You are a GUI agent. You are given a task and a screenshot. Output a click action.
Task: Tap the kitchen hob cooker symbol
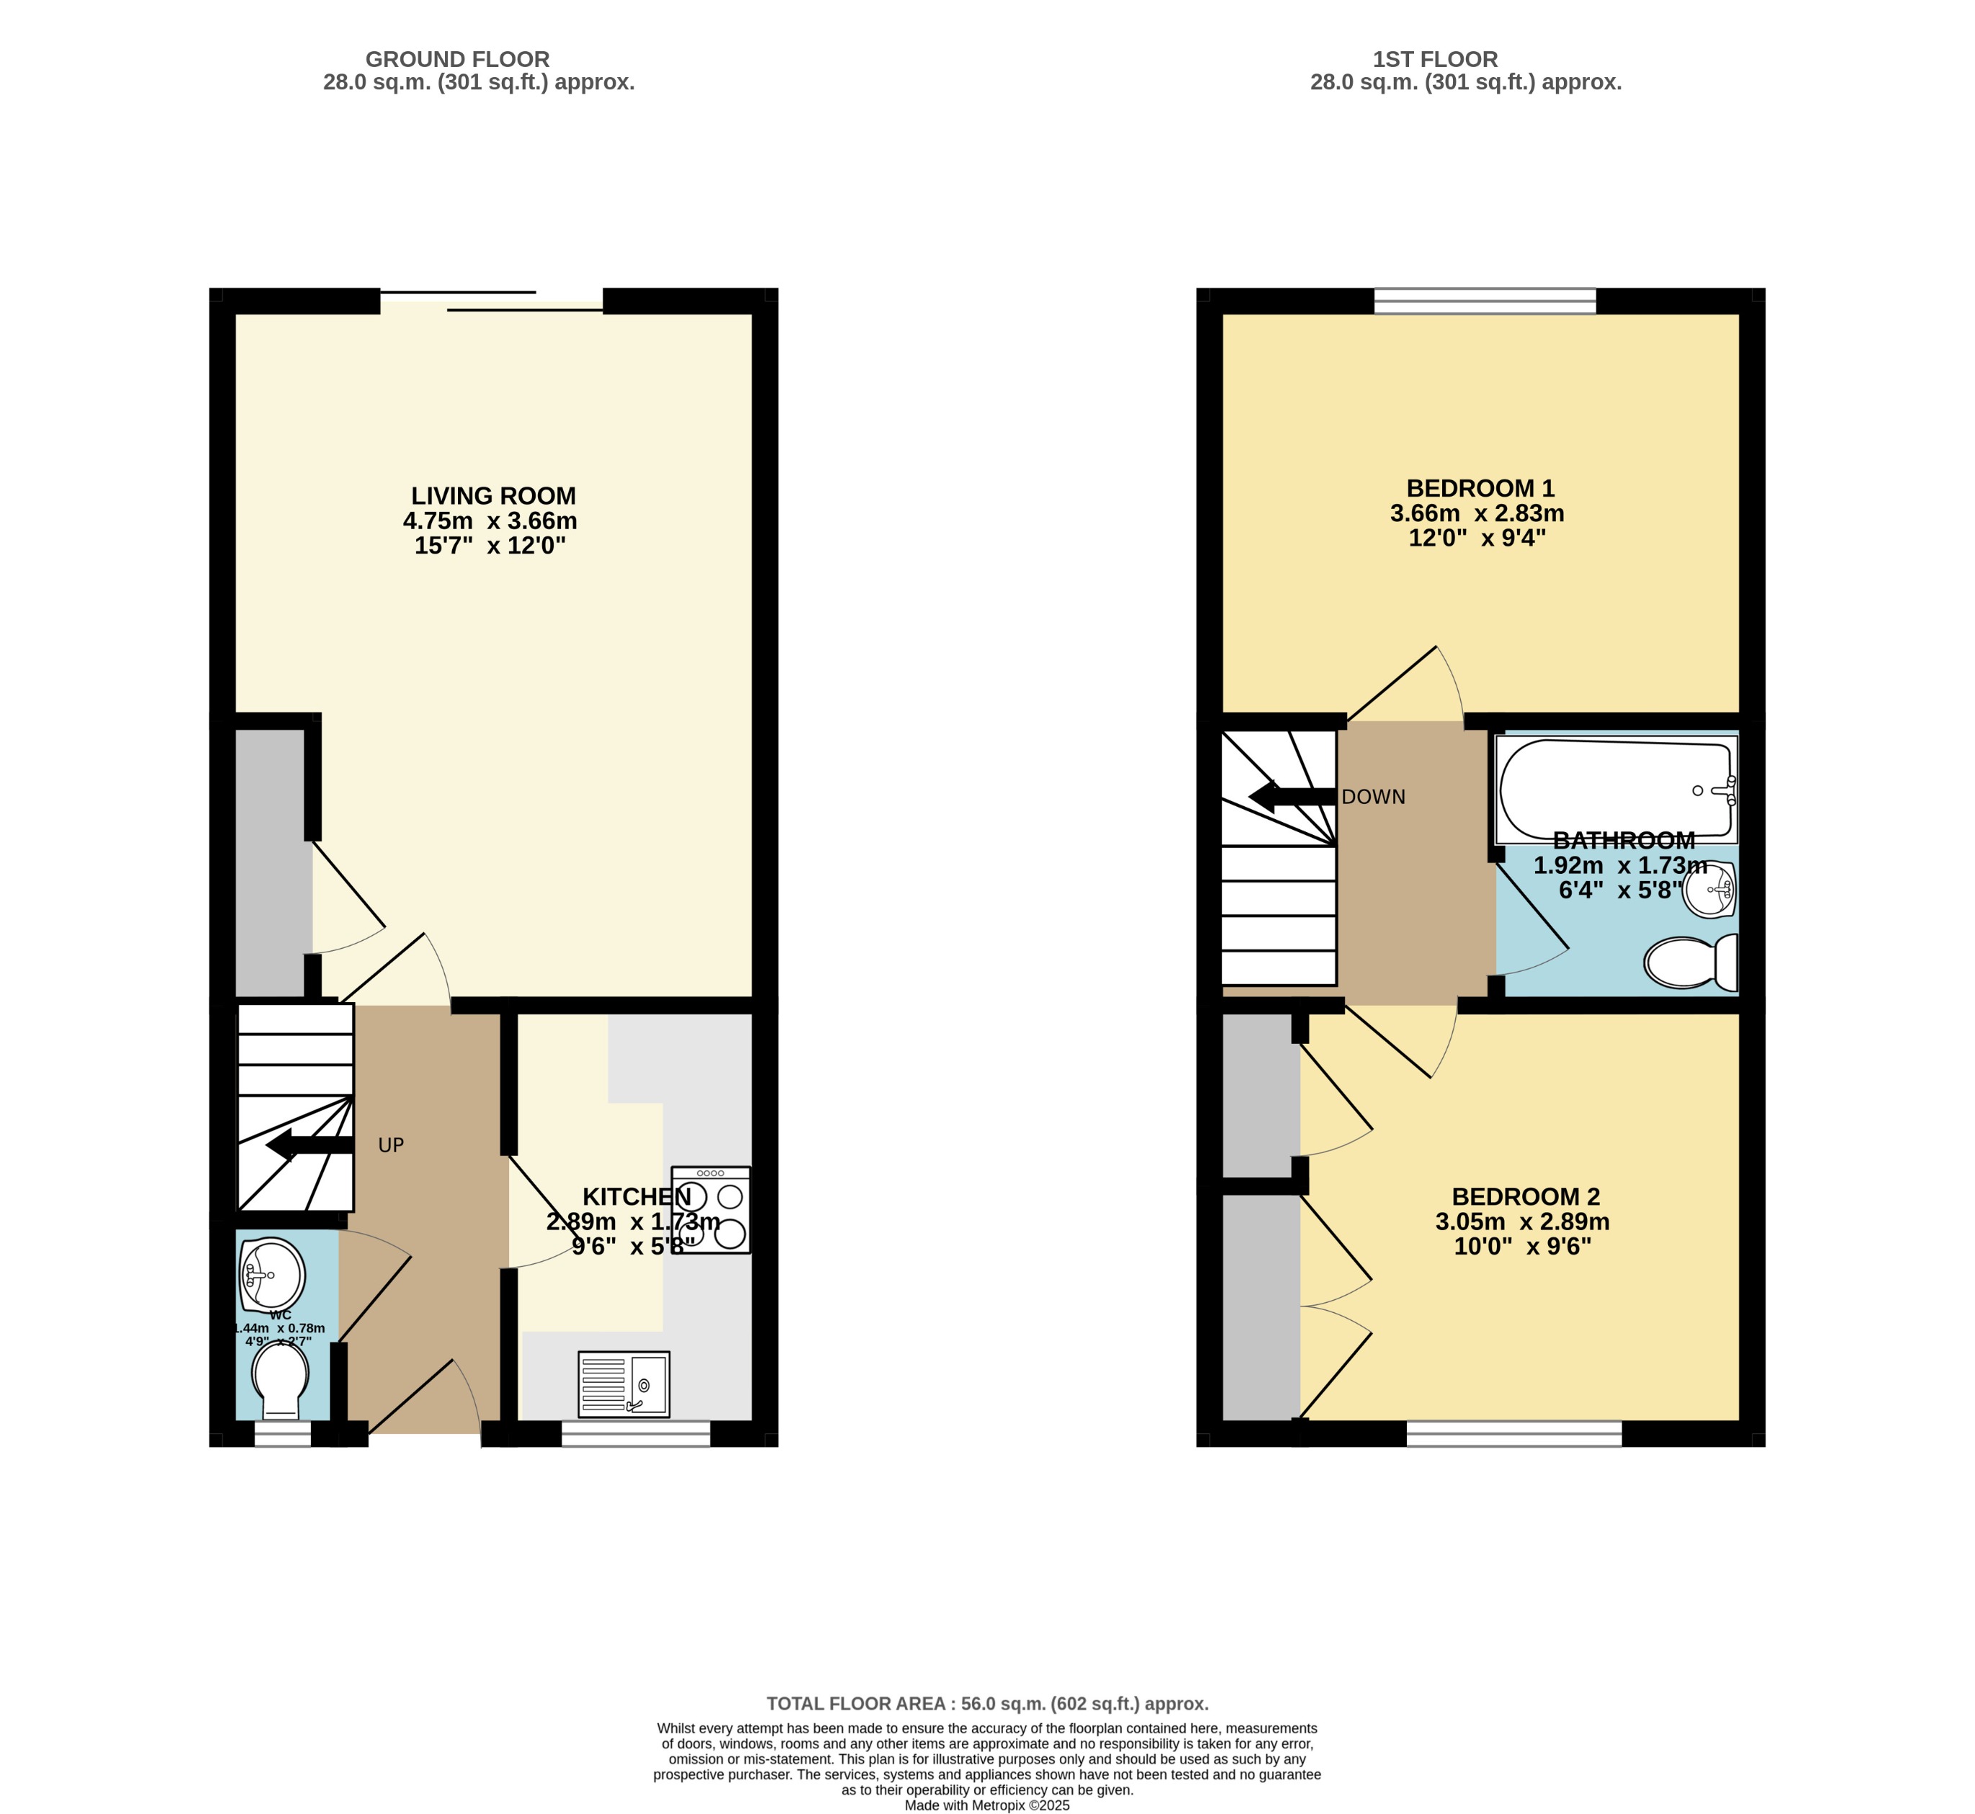[711, 1209]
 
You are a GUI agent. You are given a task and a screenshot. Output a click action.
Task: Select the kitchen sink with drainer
[624, 1384]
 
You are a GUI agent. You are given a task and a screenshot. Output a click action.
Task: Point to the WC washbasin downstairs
[272, 1274]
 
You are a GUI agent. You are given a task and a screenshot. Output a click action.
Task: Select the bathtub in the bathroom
[1615, 790]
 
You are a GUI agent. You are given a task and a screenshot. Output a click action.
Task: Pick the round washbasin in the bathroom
[1710, 889]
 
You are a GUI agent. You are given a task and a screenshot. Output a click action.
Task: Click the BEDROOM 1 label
[1480, 488]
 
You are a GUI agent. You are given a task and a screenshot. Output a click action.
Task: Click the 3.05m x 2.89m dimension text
[1523, 1222]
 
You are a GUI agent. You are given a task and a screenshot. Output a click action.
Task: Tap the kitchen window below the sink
[635, 1434]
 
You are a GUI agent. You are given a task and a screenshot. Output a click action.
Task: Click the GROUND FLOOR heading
[457, 59]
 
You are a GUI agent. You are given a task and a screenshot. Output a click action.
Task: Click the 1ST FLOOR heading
[1435, 59]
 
